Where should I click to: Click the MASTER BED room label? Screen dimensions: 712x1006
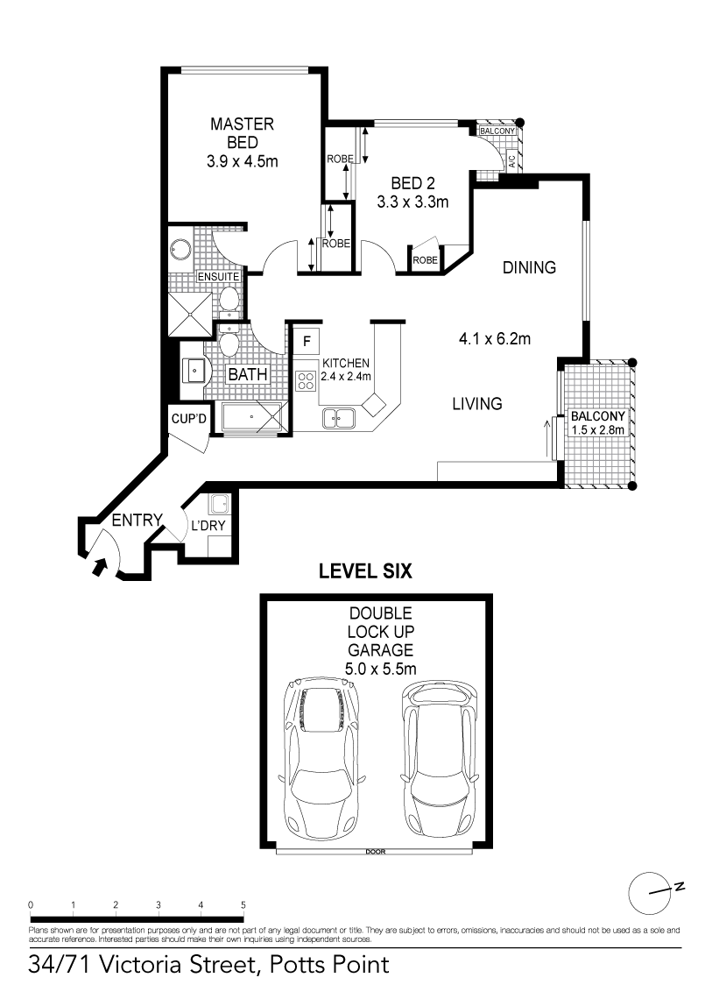242,133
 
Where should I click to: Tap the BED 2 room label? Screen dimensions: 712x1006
412,183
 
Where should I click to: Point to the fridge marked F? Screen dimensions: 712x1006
307,341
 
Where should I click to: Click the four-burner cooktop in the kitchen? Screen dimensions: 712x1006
306,380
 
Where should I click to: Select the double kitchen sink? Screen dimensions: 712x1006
338,418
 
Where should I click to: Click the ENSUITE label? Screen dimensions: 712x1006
218,277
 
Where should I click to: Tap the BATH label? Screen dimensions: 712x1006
248,375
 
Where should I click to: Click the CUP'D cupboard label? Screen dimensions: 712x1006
188,419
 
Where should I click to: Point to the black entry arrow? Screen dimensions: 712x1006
100,566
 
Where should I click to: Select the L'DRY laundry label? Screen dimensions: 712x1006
208,526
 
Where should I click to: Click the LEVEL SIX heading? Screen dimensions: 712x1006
365,571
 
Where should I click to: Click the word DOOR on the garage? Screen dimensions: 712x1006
375,852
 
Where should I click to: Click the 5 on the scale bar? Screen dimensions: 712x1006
243,905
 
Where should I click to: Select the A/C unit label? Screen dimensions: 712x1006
511,161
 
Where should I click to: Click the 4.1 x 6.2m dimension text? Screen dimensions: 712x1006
495,338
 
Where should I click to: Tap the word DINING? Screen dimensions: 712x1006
529,267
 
